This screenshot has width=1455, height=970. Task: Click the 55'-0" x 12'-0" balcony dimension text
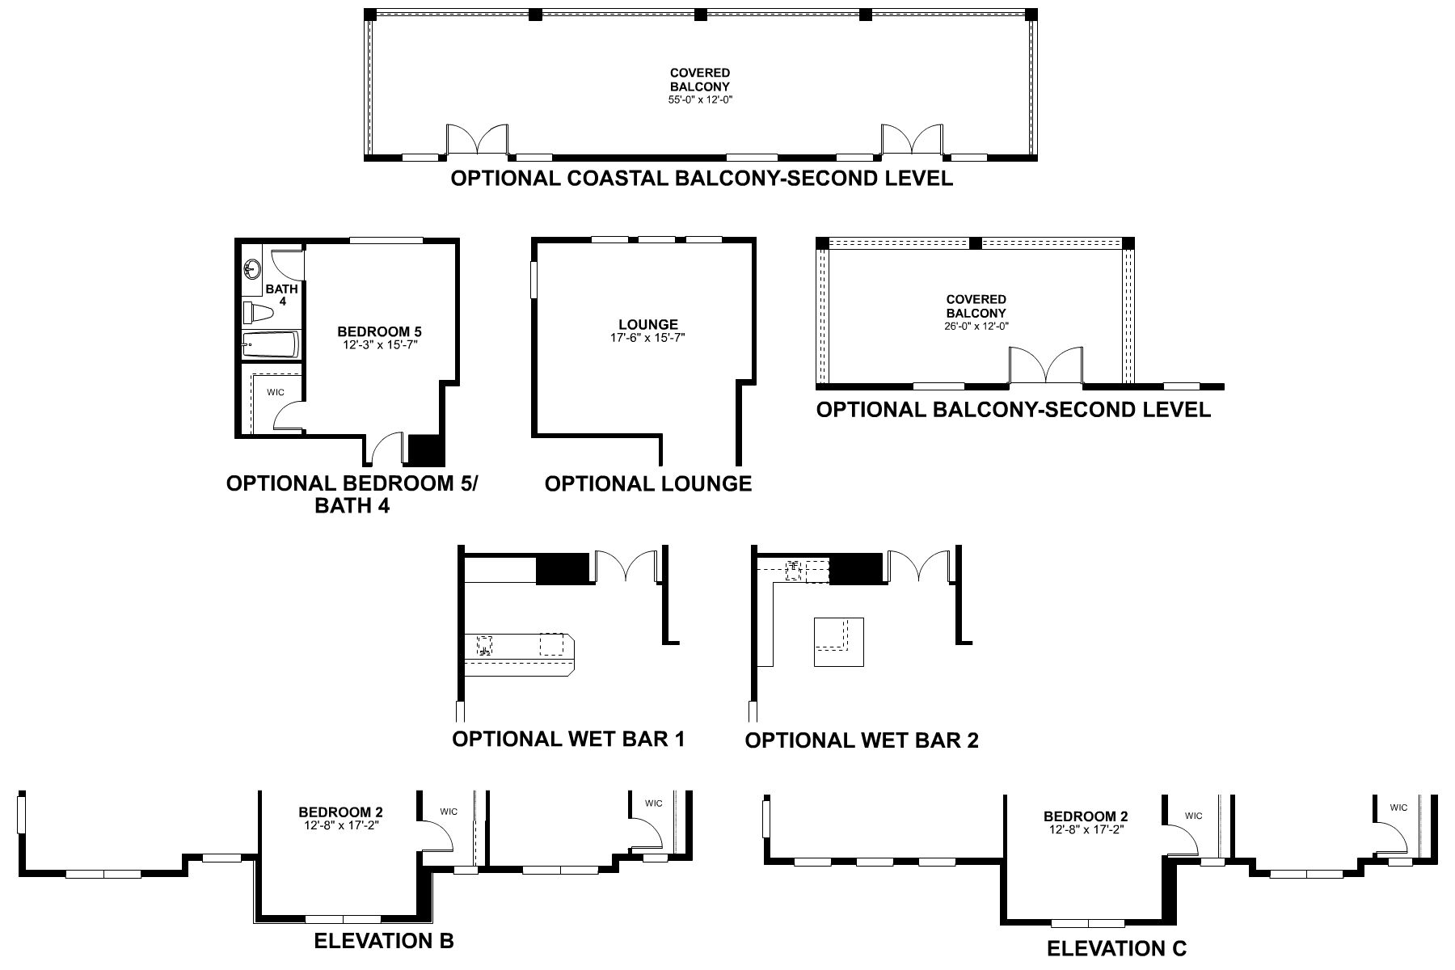click(x=701, y=99)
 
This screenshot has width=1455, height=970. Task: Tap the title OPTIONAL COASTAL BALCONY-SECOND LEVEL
click(x=701, y=178)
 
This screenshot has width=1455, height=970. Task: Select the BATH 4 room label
click(x=282, y=294)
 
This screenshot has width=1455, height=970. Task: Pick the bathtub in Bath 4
click(x=272, y=345)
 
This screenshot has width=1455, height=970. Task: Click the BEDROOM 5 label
click(x=379, y=331)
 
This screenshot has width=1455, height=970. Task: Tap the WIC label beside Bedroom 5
click(x=276, y=392)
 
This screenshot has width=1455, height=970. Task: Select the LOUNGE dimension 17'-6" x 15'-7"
click(x=647, y=338)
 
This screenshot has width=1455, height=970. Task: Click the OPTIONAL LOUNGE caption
click(x=647, y=483)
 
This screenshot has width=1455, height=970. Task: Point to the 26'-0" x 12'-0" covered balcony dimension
click(x=976, y=326)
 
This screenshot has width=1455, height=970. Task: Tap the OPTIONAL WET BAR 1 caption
click(x=568, y=739)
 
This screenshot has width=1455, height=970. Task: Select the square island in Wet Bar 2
click(x=838, y=642)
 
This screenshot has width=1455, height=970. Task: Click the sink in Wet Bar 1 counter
click(x=485, y=645)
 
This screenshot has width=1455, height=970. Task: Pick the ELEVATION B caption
click(x=383, y=941)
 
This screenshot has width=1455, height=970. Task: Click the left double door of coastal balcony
click(x=477, y=139)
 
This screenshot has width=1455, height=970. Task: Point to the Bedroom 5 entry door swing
click(x=386, y=449)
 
